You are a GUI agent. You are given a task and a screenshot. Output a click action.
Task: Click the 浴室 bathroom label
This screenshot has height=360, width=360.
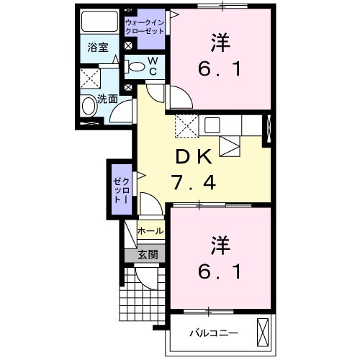coord(98,49)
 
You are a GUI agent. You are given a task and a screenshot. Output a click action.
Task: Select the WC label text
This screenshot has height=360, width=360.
coord(153,66)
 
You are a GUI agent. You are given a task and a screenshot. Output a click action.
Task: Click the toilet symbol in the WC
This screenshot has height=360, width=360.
coord(135,66)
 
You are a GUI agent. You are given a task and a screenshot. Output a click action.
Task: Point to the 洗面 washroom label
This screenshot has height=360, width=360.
coord(108,99)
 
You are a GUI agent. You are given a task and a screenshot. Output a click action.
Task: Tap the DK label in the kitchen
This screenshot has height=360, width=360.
coord(192,158)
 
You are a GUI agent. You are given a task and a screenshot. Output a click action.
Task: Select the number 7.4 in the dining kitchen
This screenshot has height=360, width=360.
coord(192,183)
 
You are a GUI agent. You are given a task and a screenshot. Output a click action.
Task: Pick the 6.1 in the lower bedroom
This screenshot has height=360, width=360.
coord(220,271)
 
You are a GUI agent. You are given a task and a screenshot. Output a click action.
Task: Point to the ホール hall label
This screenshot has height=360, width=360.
coord(150,231)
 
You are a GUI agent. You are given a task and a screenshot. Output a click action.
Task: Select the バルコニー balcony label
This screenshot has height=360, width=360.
coord(214,333)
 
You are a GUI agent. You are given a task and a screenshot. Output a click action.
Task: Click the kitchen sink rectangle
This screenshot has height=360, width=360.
coord(212,125)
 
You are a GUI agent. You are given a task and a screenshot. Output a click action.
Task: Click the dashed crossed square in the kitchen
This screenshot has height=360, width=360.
coord(186,125)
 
